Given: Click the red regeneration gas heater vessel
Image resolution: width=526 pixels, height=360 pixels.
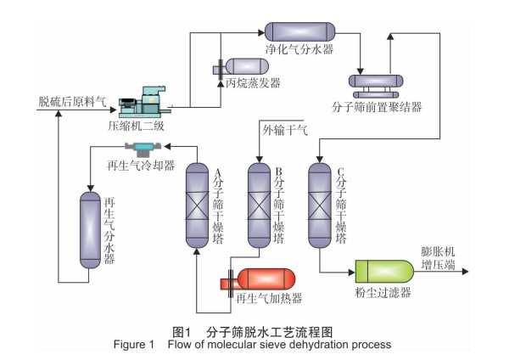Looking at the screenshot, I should (265, 279).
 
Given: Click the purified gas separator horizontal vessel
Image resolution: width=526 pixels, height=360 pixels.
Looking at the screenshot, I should (300, 32).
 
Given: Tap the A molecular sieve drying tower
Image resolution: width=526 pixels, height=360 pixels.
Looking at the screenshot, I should (197, 205).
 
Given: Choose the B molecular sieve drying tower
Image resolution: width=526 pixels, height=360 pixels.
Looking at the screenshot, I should (258, 205).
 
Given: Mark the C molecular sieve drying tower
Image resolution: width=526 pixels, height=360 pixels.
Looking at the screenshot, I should (319, 205).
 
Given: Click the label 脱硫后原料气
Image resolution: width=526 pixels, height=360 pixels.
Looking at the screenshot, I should (72, 102).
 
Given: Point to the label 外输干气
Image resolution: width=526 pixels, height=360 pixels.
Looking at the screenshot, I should (284, 129).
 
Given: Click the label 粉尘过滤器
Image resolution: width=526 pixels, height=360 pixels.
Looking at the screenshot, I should (383, 293).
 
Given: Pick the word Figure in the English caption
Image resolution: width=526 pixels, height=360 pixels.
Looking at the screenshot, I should (131, 345).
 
